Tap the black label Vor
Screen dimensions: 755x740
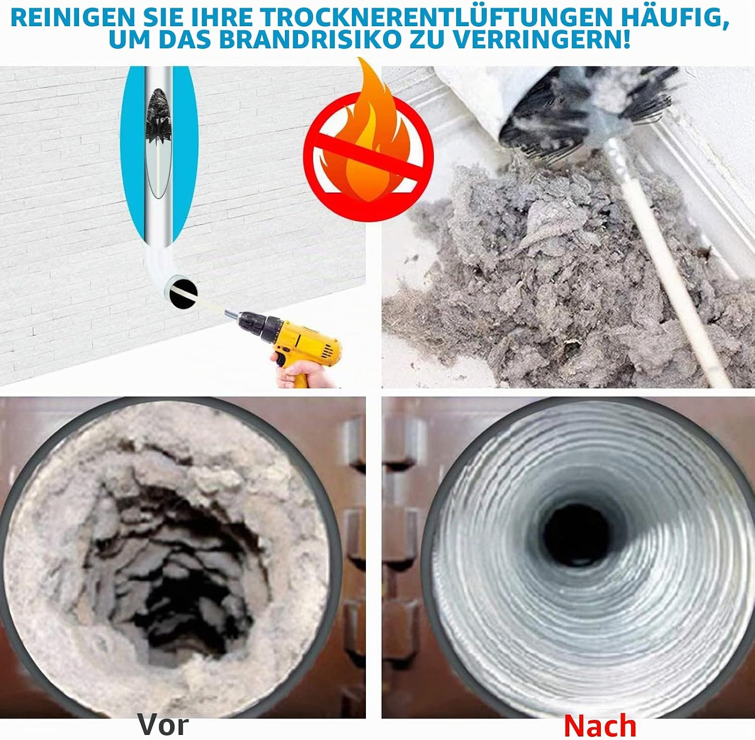pyautogui.click(x=163, y=725)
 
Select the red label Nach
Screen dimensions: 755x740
pyautogui.click(x=600, y=726)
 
